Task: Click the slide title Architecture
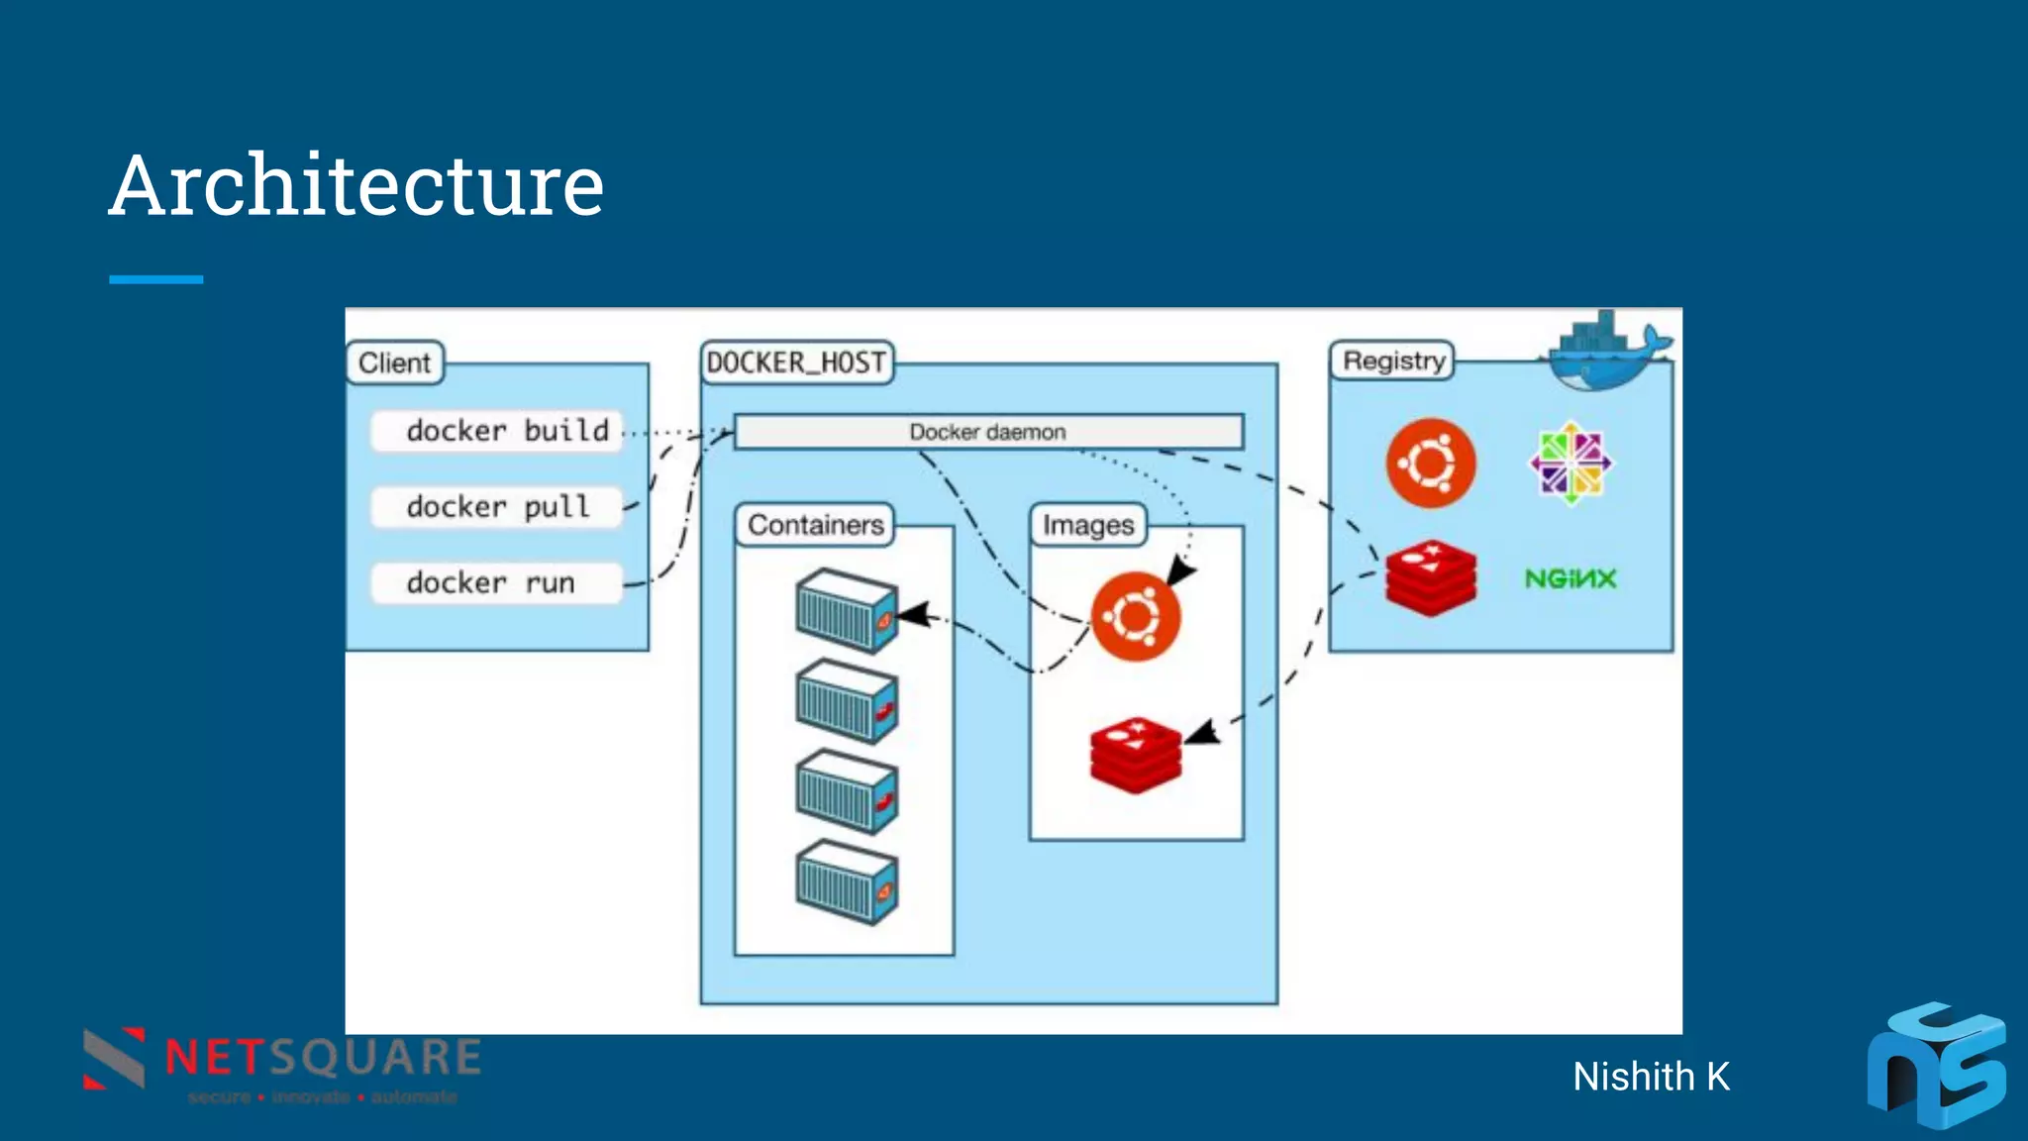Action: (x=356, y=186)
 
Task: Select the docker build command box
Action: (x=497, y=431)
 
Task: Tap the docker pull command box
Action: (x=497, y=507)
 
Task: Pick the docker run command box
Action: (x=497, y=582)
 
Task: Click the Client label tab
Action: (x=394, y=363)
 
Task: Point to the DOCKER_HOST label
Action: (x=796, y=363)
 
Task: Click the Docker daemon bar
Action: (x=987, y=432)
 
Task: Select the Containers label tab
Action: (x=815, y=525)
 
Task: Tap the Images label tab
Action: (x=1087, y=525)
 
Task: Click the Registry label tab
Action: (x=1392, y=361)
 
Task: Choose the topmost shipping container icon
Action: (x=847, y=611)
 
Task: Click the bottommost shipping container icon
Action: (x=847, y=882)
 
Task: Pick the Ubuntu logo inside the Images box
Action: (x=1135, y=616)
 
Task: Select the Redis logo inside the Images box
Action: (x=1135, y=755)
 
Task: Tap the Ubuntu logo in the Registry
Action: (x=1430, y=463)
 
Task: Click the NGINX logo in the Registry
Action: (x=1570, y=578)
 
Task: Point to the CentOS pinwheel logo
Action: (x=1571, y=463)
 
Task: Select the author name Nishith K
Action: (x=1651, y=1077)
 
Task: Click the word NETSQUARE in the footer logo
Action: (x=323, y=1057)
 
